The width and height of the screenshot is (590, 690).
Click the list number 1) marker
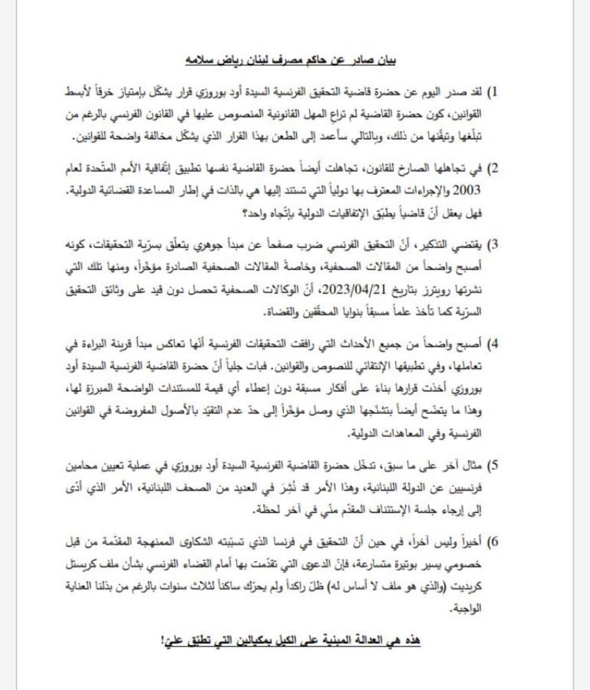pos(492,93)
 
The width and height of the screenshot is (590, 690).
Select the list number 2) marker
pos(491,169)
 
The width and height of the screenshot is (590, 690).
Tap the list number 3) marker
pos(491,245)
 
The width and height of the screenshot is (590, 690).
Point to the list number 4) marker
pos(491,345)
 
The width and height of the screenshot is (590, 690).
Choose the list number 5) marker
pos(491,465)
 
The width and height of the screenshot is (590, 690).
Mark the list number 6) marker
pos(491,542)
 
